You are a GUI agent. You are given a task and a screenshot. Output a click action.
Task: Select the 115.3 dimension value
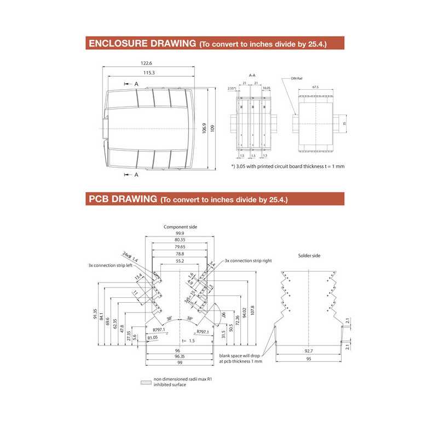[x=149, y=73]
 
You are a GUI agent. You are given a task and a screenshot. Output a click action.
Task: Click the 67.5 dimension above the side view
[x=315, y=87]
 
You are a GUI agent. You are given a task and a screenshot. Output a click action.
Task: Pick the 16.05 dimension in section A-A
[x=267, y=87]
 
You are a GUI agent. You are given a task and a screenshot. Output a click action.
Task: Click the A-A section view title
[x=252, y=74]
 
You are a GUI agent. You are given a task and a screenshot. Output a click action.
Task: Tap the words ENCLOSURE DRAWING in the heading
[x=142, y=44]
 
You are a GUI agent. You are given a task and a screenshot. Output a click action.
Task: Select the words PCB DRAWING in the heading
[x=123, y=199]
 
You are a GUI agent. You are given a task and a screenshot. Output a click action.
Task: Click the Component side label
[x=180, y=227]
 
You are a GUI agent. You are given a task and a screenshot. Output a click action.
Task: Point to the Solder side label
[x=309, y=256]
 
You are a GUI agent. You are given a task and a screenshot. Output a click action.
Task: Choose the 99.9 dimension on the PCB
[x=180, y=233]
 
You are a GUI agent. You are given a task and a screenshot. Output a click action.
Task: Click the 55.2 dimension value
[x=180, y=262]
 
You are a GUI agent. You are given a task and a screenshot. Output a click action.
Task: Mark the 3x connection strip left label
[x=111, y=265]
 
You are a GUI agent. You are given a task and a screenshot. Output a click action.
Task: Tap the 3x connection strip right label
[x=248, y=261]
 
